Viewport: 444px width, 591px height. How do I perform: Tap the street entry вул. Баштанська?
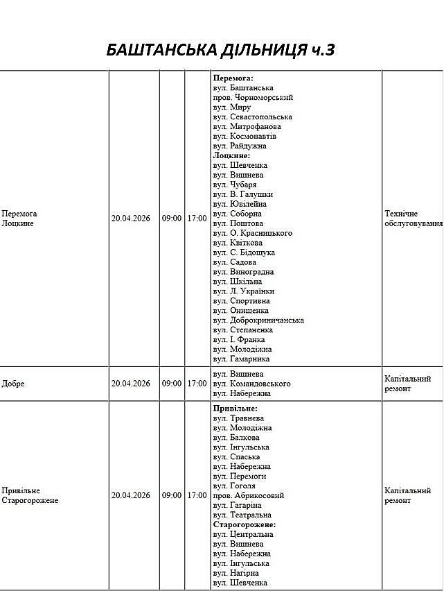pos(243,88)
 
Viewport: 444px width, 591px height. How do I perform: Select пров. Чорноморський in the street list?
pos(253,98)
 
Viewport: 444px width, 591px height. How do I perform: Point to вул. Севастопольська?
pos(253,117)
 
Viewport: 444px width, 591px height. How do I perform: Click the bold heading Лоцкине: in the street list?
pos(231,155)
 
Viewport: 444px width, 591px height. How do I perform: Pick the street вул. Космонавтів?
pos(245,137)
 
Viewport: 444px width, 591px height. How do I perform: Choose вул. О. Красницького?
pos(252,233)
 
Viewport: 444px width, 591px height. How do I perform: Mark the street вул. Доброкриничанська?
pos(258,320)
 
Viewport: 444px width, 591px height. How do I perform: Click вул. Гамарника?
pos(241,359)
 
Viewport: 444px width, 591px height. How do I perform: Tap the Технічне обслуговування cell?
pos(413,219)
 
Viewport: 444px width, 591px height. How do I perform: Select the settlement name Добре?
pos(13,384)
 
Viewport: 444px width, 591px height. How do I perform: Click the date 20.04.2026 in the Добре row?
pos(131,384)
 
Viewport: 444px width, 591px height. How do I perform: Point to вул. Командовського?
pos(251,384)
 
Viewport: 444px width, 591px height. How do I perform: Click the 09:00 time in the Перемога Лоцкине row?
pos(172,219)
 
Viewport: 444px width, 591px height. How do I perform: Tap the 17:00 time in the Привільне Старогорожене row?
pos(197,495)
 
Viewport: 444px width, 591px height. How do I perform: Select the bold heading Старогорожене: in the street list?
pos(245,524)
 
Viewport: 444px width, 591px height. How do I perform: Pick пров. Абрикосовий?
pos(249,495)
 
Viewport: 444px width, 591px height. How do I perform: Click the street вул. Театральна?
pos(242,515)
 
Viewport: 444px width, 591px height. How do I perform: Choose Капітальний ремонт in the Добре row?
pos(407,384)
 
